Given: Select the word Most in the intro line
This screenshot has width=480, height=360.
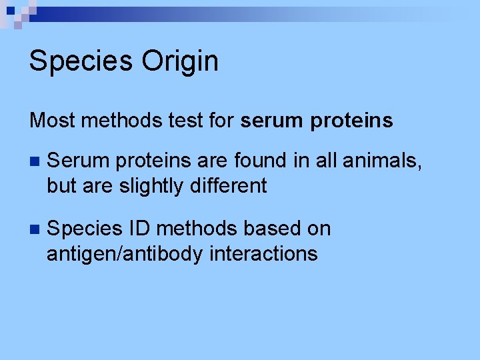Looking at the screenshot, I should [x=52, y=121].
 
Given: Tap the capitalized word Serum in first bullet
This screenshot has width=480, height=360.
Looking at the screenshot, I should [x=75, y=161].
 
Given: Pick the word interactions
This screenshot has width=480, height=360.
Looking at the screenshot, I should [x=263, y=253].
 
